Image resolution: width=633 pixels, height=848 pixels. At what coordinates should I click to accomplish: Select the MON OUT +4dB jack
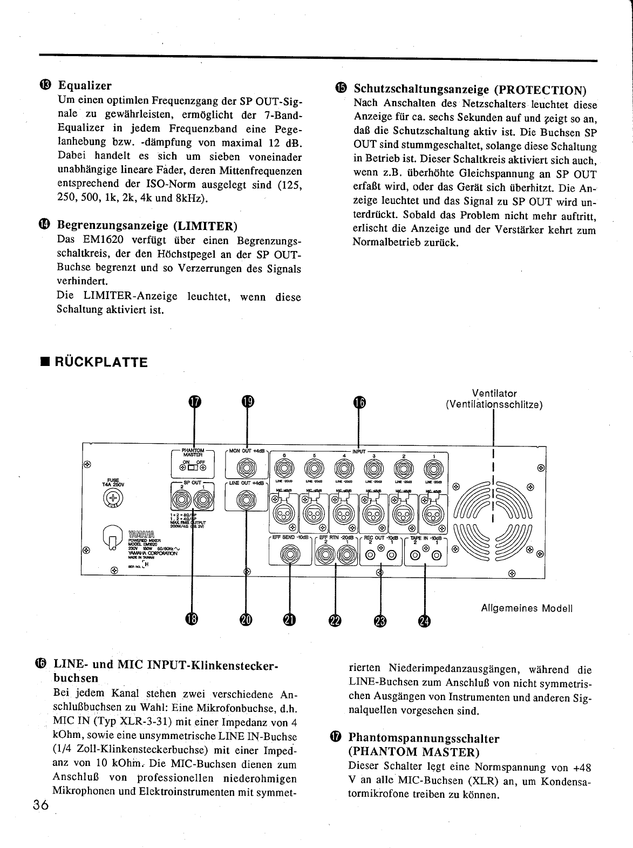247,467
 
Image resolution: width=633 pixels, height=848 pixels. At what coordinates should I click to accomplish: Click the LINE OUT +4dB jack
247,502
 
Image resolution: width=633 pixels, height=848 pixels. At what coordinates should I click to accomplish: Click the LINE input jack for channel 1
433,467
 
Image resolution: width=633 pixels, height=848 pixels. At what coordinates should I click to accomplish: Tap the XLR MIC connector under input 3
373,509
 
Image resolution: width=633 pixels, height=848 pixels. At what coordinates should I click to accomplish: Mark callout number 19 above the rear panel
247,402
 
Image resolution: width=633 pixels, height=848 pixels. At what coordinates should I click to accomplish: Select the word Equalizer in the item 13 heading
85,85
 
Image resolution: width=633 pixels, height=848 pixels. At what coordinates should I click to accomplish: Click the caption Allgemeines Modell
526,608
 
